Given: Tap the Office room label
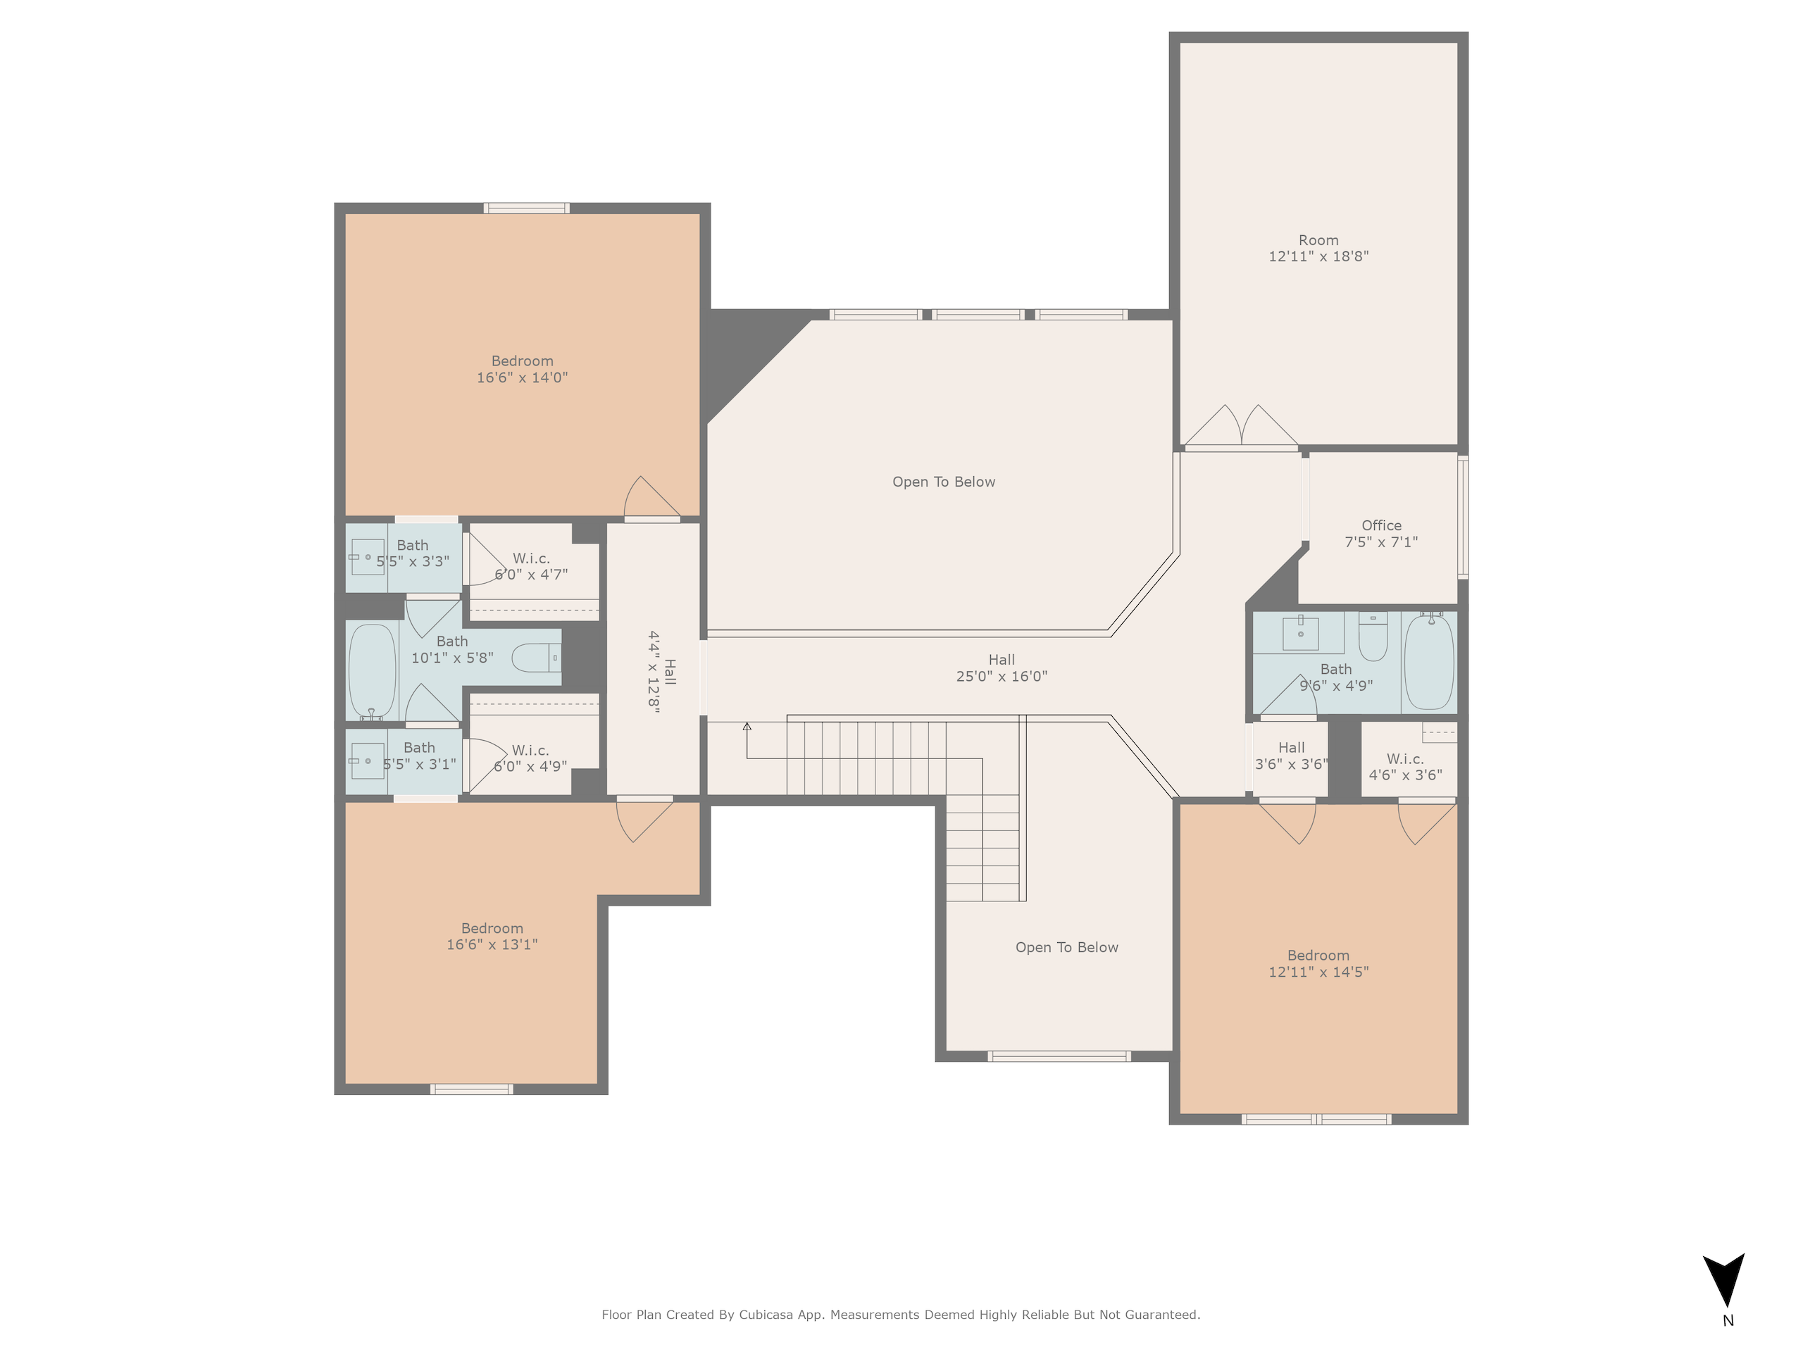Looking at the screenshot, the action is [x=1382, y=525].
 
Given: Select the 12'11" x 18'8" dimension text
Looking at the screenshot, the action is [x=1318, y=256].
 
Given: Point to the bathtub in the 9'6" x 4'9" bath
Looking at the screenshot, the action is [x=1429, y=661].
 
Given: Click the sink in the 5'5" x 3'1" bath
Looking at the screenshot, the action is [x=368, y=761].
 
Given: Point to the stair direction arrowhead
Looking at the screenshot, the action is [x=747, y=726].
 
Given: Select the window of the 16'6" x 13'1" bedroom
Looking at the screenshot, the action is [x=471, y=1089].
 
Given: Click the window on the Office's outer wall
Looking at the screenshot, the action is [x=1462, y=518].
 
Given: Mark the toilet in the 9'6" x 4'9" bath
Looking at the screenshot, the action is [x=1373, y=637].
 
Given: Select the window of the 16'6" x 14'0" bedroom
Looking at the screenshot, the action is [x=527, y=208].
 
